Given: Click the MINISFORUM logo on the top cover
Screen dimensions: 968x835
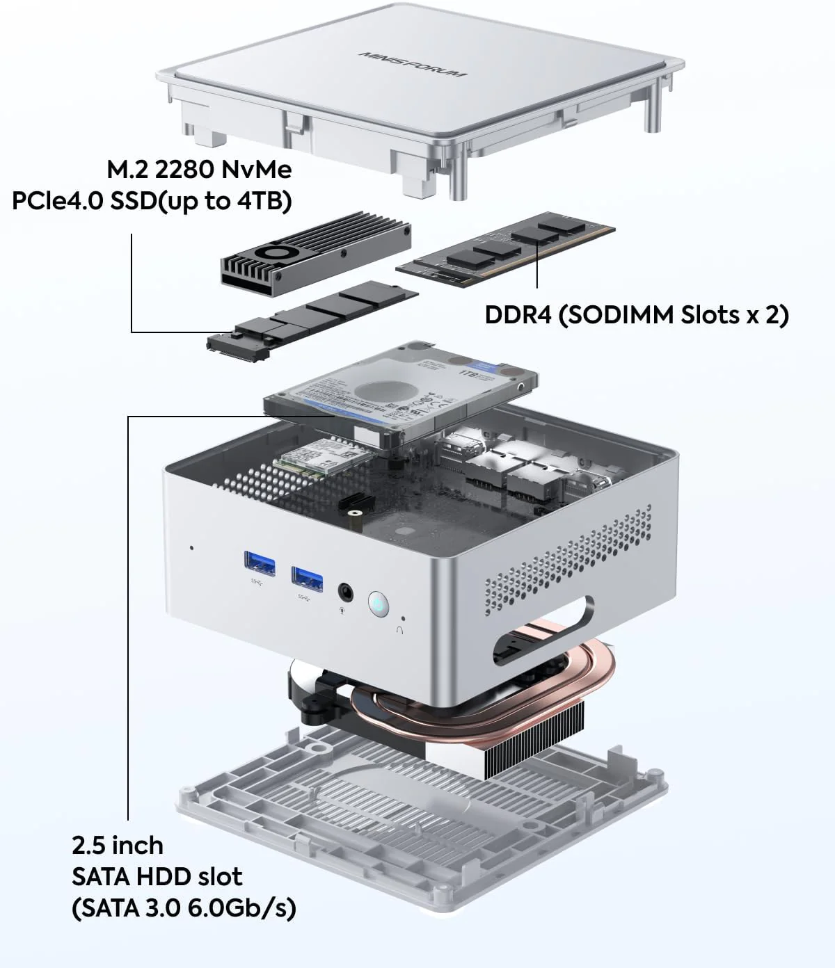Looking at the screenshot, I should (413, 65).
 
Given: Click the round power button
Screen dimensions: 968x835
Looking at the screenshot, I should (377, 603).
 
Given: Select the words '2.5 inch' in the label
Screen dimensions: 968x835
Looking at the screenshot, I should (117, 846).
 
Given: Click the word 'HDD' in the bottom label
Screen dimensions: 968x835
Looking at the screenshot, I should (164, 876).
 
